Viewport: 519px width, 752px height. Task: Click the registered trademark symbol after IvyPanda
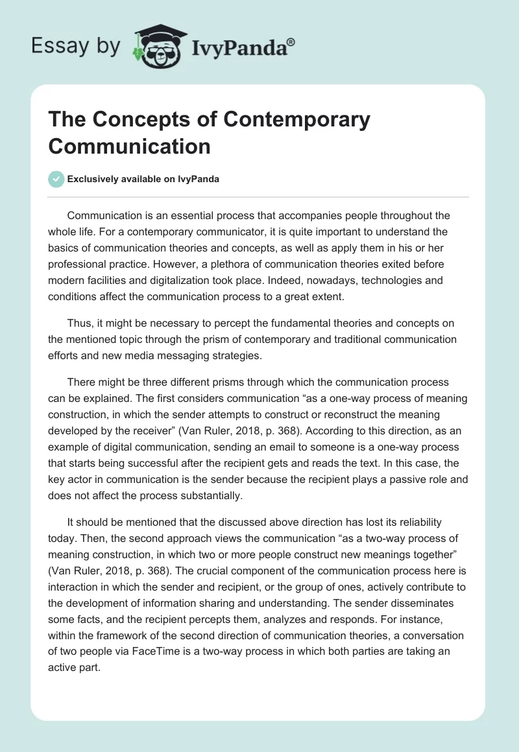291,42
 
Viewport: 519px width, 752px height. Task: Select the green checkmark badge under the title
56,180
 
